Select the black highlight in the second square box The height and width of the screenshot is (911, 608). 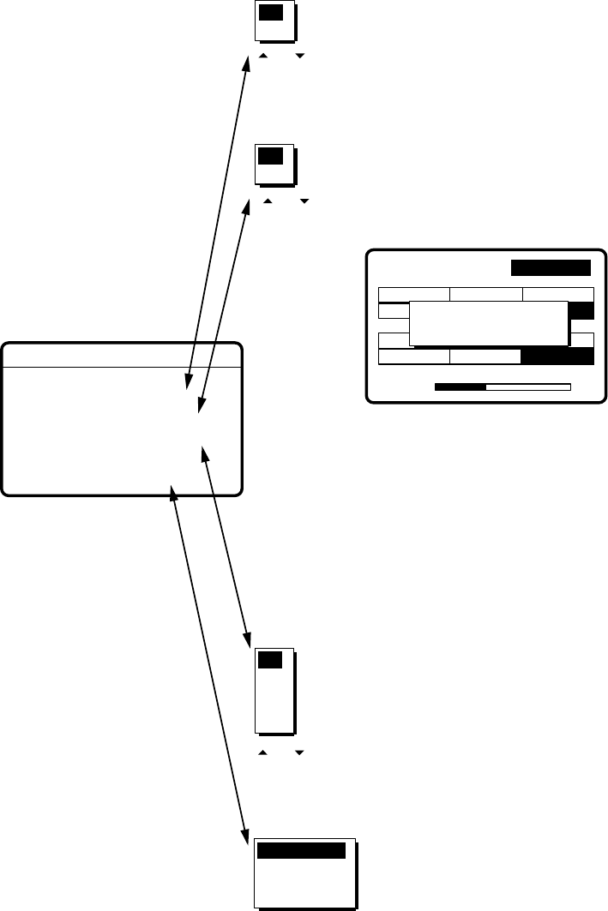click(270, 156)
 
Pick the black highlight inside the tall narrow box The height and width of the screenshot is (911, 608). click(270, 661)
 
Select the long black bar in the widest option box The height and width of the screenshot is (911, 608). click(301, 851)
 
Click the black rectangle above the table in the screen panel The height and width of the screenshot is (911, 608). click(551, 267)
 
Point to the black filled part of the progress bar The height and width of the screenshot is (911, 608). click(461, 387)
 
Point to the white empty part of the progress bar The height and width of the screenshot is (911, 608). click(528, 387)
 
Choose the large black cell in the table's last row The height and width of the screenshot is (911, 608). click(557, 357)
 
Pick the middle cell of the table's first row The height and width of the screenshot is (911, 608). click(486, 294)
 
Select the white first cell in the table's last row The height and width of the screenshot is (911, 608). click(414, 357)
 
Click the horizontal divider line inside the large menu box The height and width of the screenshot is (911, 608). click(122, 367)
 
